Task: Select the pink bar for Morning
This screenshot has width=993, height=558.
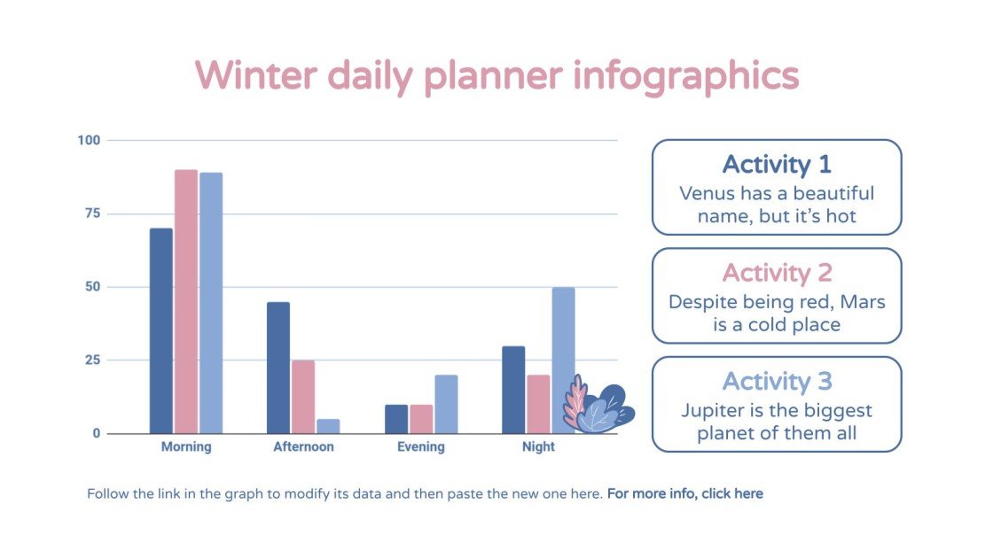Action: [185, 301]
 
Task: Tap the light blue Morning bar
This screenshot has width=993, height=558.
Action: [211, 303]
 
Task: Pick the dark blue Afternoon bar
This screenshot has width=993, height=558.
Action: [278, 368]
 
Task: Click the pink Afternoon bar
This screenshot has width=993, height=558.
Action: [303, 397]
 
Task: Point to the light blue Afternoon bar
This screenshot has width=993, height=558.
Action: [328, 426]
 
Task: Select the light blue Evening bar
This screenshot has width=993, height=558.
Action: [446, 404]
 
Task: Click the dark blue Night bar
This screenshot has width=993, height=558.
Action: [513, 390]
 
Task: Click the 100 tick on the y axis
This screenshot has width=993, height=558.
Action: [90, 140]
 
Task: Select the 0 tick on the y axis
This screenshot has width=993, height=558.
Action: [97, 433]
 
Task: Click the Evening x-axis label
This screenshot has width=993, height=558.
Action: [420, 447]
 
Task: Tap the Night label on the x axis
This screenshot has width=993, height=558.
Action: [538, 447]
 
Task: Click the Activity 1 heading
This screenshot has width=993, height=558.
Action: [777, 165]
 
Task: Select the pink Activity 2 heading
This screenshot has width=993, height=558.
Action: [777, 273]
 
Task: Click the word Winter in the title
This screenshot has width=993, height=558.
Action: [255, 76]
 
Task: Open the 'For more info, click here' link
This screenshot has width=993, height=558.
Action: [684, 493]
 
